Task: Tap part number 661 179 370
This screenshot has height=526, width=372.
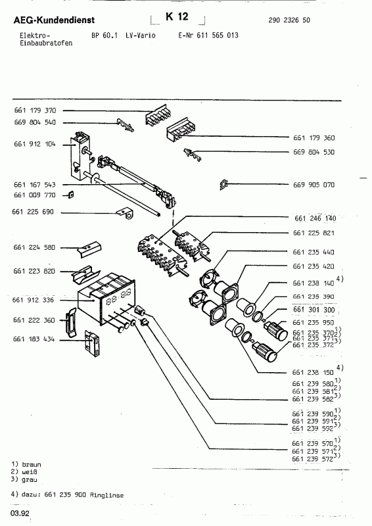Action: click(x=35, y=112)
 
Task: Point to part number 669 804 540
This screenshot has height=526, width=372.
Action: click(x=35, y=122)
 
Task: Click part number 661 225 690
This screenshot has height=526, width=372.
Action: click(x=35, y=212)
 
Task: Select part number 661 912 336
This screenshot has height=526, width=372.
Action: click(x=35, y=300)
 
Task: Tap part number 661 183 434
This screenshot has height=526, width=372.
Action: click(x=35, y=339)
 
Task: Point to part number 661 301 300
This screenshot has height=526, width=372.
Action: click(x=314, y=310)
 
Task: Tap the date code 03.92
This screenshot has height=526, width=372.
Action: click(x=19, y=514)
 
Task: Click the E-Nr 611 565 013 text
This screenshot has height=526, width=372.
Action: click(x=208, y=34)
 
